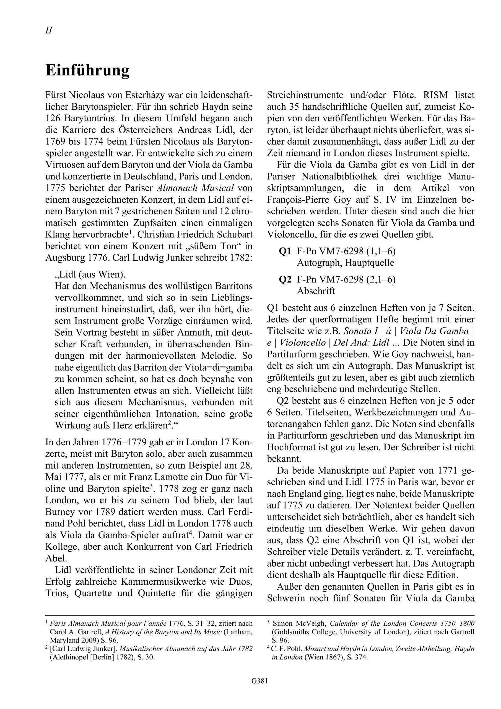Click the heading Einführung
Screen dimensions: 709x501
tap(87, 71)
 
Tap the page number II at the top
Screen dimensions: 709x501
tap(49, 30)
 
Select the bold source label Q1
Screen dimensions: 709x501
tap(285, 251)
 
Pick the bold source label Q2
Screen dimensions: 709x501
tap(285, 279)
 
